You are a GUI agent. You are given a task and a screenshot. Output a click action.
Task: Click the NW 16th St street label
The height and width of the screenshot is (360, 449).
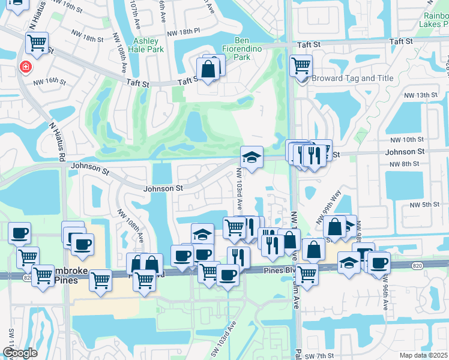click(x=49, y=81)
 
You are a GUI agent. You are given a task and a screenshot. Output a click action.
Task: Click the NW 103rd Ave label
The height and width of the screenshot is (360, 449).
click(x=239, y=188)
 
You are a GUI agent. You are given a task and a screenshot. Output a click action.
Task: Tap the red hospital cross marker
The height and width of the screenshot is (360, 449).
click(x=25, y=67)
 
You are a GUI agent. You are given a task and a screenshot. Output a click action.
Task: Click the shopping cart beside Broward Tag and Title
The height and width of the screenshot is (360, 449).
click(x=301, y=65)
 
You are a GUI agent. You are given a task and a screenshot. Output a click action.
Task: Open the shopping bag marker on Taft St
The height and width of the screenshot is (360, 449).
click(x=208, y=68)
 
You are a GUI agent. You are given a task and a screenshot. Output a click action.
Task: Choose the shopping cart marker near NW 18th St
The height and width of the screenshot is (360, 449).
click(x=37, y=43)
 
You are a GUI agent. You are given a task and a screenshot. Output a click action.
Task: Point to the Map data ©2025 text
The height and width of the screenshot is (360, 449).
click(x=423, y=355)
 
